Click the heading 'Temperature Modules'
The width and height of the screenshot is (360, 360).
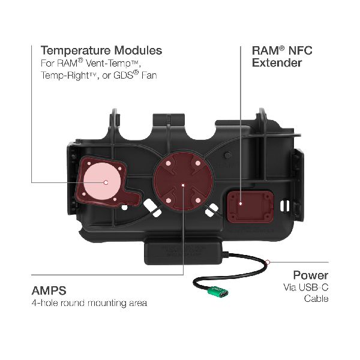click(x=101, y=50)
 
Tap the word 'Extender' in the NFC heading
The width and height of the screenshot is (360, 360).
click(x=277, y=62)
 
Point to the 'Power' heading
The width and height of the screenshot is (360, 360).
click(x=310, y=275)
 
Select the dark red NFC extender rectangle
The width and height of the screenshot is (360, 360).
click(x=242, y=203)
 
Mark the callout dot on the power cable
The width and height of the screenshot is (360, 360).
click(x=270, y=262)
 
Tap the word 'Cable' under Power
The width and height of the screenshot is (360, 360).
click(x=316, y=299)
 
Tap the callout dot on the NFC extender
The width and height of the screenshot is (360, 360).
click(x=240, y=203)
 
